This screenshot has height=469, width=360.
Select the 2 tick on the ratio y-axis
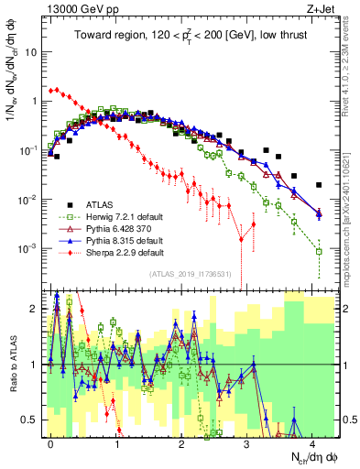click(37, 309)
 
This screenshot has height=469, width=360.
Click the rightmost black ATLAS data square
click(319, 184)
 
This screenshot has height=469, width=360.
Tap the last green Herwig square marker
click(319, 251)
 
